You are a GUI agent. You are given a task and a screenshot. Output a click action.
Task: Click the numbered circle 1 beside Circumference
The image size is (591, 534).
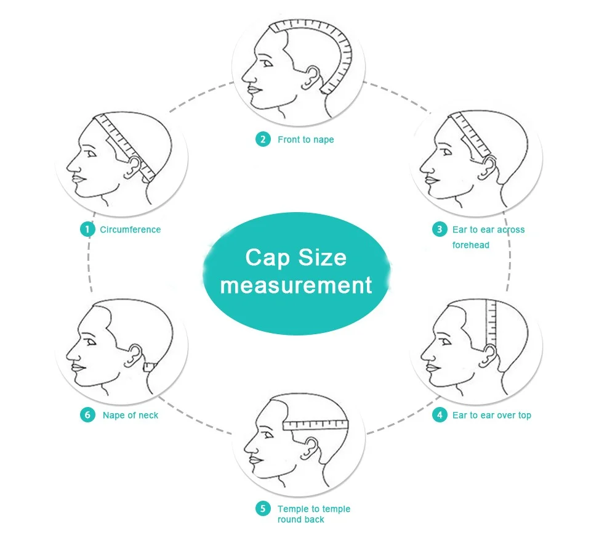click(87, 229)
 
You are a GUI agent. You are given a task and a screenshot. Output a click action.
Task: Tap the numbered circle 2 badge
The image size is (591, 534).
click(263, 139)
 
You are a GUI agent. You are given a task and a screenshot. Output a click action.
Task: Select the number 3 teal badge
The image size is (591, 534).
click(440, 229)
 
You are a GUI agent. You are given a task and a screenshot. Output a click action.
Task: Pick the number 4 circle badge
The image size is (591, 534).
click(440, 414)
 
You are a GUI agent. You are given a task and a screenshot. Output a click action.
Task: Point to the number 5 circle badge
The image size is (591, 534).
click(263, 508)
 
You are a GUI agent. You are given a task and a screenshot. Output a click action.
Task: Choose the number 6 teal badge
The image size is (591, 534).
click(87, 414)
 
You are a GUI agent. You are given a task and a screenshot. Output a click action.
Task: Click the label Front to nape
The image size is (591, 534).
click(306, 140)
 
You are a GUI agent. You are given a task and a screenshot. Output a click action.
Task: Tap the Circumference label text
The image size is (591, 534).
click(131, 229)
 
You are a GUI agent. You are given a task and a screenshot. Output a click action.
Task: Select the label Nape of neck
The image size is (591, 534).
click(131, 415)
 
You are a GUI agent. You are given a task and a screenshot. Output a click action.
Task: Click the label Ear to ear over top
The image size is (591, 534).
click(491, 416)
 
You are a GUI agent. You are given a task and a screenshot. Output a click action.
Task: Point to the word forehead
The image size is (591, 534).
click(471, 245)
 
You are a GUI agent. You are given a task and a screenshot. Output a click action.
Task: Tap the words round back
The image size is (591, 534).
click(301, 520)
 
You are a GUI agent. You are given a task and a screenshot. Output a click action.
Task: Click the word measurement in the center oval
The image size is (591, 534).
click(296, 285)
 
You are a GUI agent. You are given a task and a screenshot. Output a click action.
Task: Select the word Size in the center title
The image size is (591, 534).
click(322, 258)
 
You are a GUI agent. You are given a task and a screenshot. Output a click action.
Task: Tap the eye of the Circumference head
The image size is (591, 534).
click(91, 154)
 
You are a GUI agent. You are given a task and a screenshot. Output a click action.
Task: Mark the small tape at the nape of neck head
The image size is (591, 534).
click(150, 367)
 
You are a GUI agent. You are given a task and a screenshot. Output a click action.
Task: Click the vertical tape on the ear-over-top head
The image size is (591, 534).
click(491, 323)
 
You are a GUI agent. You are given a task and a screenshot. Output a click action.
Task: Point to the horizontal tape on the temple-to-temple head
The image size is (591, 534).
click(315, 425)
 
